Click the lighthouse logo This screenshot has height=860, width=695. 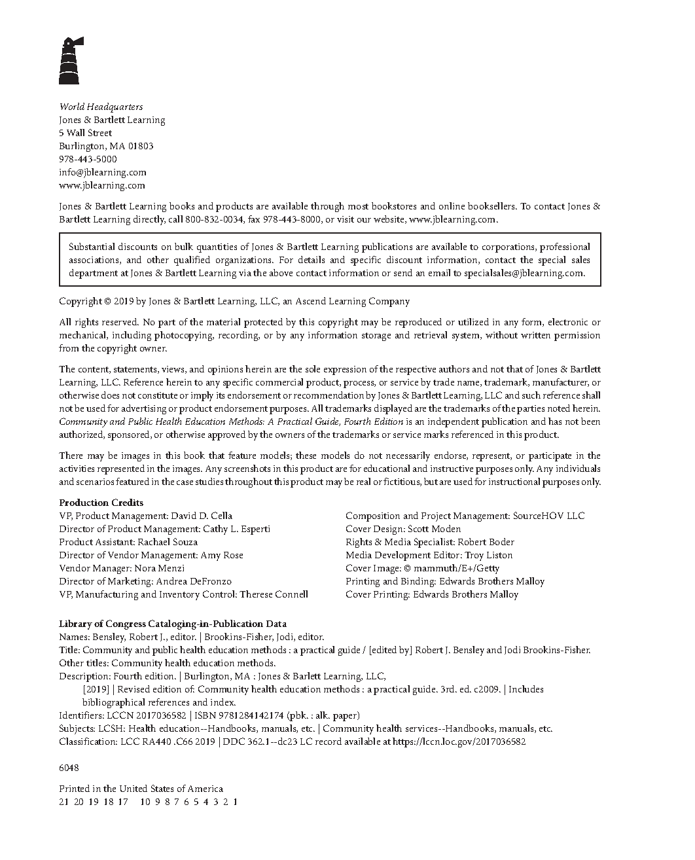point(69,61)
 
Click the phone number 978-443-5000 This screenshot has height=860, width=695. point(88,159)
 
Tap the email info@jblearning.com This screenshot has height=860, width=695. point(103,172)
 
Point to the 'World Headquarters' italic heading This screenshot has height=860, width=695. point(101,107)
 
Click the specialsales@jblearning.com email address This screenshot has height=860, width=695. point(524,273)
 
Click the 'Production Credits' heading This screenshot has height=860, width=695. point(101,503)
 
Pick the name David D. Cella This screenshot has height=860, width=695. point(202,516)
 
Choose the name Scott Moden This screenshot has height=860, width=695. point(435,529)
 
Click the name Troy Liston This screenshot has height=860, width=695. point(489,555)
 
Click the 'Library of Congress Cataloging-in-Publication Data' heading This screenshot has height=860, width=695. point(173,624)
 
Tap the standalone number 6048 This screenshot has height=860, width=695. point(69,768)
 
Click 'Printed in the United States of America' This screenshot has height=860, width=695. point(141,789)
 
